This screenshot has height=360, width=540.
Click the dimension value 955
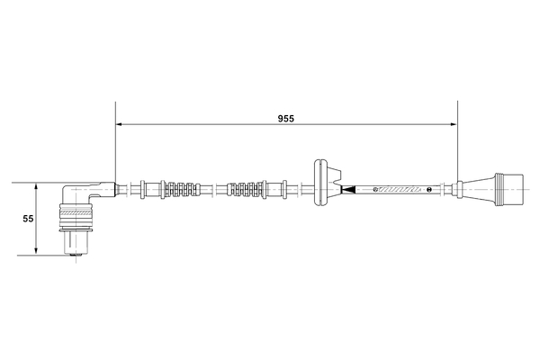click(x=286, y=117)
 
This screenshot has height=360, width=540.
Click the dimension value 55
click(x=28, y=219)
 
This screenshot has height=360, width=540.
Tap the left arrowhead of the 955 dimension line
click(x=121, y=124)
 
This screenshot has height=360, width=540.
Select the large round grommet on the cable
click(x=320, y=189)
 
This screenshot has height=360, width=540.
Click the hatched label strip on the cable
click(x=399, y=190)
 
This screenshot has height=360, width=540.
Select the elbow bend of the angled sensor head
click(x=72, y=193)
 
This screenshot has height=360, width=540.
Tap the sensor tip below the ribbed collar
click(x=76, y=244)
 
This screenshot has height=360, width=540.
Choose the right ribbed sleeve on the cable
click(x=247, y=190)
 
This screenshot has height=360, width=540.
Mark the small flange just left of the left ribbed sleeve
click(x=143, y=190)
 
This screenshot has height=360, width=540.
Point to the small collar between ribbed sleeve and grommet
click(x=283, y=190)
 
